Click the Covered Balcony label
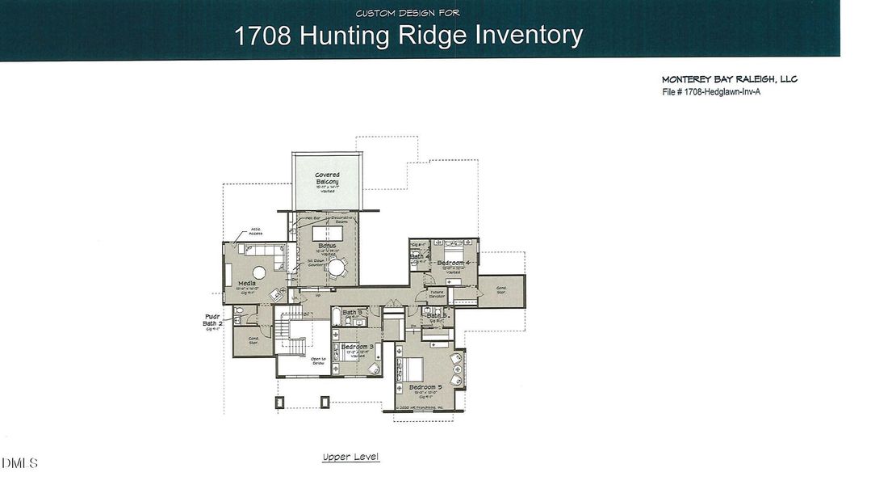point(327,179)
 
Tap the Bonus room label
point(327,246)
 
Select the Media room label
point(247,283)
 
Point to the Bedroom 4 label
point(453,263)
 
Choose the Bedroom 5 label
point(425,387)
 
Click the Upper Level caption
point(350,458)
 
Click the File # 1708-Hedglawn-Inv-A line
point(711,92)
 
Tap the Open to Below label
point(317,361)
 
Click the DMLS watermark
point(19,463)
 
